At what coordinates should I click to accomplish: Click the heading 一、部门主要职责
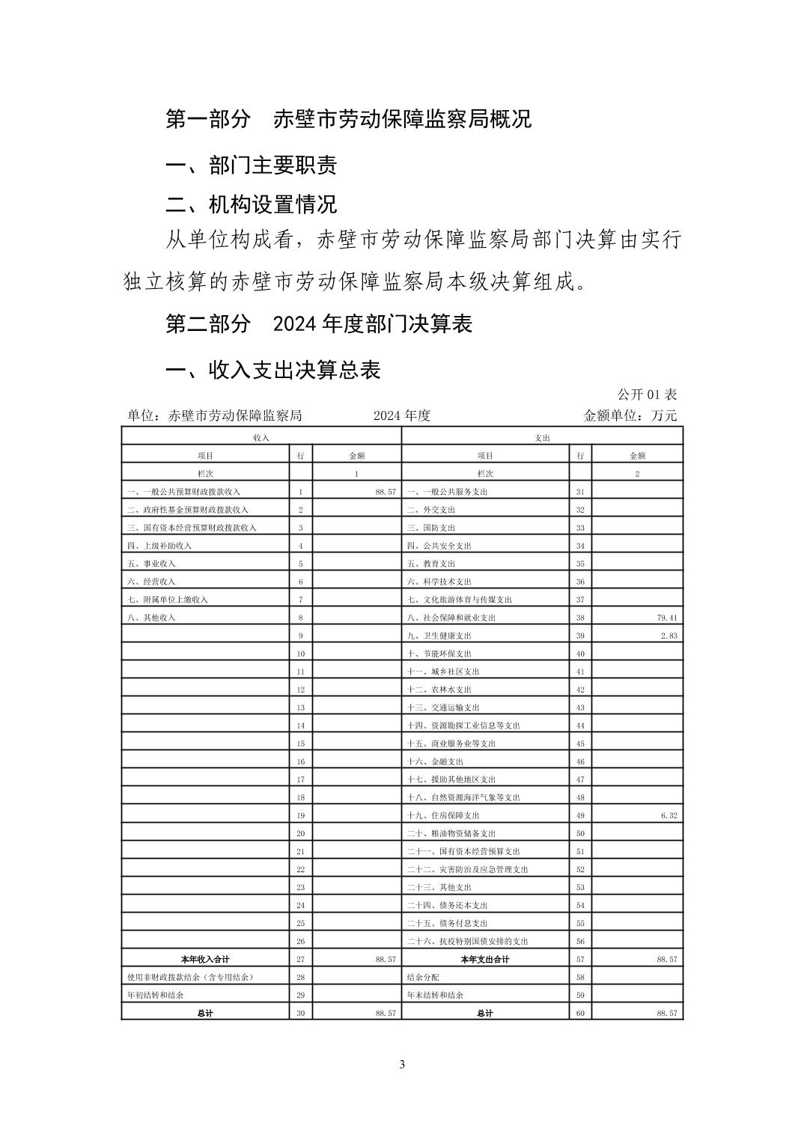tap(251, 165)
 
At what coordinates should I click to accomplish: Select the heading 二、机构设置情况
tap(251, 204)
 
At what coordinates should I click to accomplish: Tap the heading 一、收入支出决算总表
tap(272, 369)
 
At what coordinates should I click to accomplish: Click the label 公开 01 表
tap(647, 395)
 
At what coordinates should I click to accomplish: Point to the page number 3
tap(402, 1065)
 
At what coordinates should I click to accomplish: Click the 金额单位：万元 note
tap(630, 416)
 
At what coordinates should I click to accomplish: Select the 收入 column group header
tap(261, 437)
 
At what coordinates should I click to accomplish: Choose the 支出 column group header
tap(542, 437)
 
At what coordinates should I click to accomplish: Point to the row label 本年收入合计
tap(205, 959)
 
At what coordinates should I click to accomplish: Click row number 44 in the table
tap(580, 725)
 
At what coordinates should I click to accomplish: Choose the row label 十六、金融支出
tap(435, 761)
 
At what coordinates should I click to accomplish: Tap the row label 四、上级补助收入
tap(159, 546)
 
